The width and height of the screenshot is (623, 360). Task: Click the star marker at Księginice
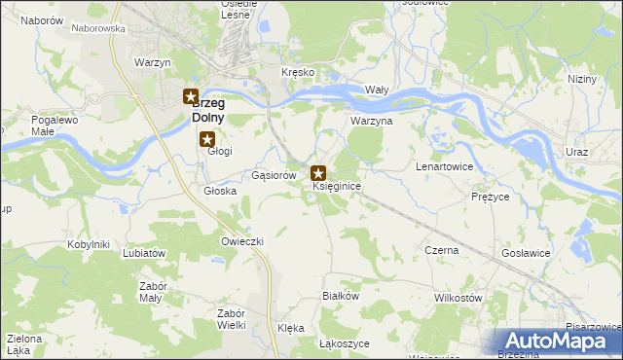click(318, 173)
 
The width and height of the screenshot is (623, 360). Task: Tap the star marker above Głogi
click(206, 139)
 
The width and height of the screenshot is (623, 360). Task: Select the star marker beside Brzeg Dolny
click(191, 97)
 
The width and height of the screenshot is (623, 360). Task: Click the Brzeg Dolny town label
click(212, 109)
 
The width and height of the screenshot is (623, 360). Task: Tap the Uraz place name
click(577, 153)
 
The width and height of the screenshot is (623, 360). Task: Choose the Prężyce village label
click(490, 197)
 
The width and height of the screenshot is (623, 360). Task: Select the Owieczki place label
click(242, 240)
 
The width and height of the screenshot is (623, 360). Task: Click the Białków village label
click(342, 295)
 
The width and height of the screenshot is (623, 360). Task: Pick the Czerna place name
click(442, 250)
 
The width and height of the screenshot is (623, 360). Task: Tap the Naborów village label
click(41, 19)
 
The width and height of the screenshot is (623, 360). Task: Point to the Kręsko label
click(297, 73)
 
